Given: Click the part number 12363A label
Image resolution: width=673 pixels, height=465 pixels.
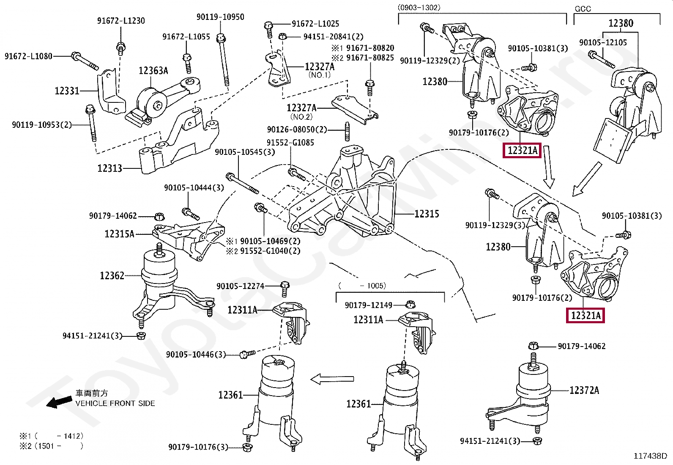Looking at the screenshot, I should pyautogui.click(x=153, y=71).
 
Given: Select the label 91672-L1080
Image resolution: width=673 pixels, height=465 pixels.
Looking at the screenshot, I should pyautogui.click(x=28, y=56).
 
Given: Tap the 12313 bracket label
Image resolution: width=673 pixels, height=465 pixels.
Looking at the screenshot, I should pyautogui.click(x=109, y=168).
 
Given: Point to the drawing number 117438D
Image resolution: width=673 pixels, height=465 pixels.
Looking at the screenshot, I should pyautogui.click(x=650, y=456).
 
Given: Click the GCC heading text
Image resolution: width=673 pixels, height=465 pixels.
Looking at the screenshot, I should pyautogui.click(x=583, y=9).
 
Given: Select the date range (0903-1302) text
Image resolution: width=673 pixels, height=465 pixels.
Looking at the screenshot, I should pyautogui.click(x=419, y=8).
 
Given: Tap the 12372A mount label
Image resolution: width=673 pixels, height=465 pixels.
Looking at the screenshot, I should pyautogui.click(x=584, y=390).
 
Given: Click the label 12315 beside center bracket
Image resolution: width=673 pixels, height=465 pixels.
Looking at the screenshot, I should pyautogui.click(x=427, y=214).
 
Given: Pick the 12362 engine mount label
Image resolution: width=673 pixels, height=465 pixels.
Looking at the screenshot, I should pyautogui.click(x=112, y=276).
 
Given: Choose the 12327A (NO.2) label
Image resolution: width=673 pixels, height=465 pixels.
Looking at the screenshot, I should pyautogui.click(x=301, y=108).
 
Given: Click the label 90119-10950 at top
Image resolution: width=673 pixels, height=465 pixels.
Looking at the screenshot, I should pyautogui.click(x=220, y=17).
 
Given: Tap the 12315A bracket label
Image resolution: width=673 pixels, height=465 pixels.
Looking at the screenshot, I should pyautogui.click(x=119, y=234).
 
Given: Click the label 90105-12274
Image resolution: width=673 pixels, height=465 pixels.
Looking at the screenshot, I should pyautogui.click(x=240, y=286).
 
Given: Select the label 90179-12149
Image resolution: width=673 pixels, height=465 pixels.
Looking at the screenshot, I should pyautogui.click(x=368, y=305).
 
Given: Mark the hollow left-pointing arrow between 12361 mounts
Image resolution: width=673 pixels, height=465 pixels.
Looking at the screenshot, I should pyautogui.click(x=332, y=379).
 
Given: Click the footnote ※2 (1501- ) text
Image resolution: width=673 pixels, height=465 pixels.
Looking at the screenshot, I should pyautogui.click(x=51, y=446).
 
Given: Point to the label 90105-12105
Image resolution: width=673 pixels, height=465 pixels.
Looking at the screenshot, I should pyautogui.click(x=603, y=43).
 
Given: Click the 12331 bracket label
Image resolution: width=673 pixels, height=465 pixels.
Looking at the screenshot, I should pyautogui.click(x=67, y=91).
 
